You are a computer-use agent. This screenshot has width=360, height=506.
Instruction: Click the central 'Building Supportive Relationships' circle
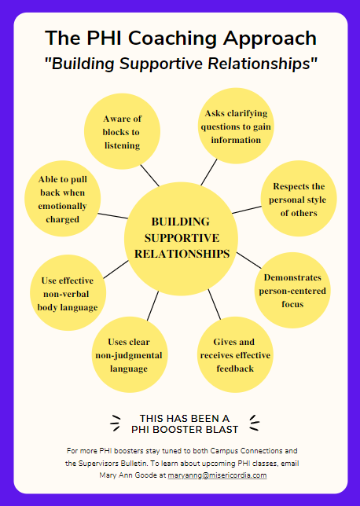pyautogui.click(x=182, y=238)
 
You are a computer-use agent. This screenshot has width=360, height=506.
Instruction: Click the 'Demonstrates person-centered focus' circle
pyautogui.click(x=292, y=291)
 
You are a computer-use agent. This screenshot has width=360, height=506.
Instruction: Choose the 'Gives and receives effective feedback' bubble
pyautogui.click(x=233, y=354)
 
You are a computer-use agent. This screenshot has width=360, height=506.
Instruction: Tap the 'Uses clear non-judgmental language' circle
pyautogui.click(x=128, y=354)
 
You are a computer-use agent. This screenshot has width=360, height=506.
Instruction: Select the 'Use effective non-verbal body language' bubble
pyautogui.click(x=68, y=292)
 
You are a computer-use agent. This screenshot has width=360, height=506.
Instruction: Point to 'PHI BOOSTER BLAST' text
pyautogui.click(x=184, y=429)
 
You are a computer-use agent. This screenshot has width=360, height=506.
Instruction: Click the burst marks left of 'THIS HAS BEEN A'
pyautogui.click(x=116, y=423)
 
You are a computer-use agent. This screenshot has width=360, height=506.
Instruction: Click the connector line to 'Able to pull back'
pyautogui.click(x=112, y=214)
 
